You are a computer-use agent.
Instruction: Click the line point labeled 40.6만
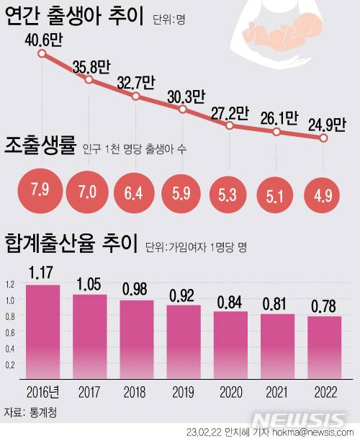[x=42, y=54]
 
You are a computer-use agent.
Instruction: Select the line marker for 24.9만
[x=324, y=139]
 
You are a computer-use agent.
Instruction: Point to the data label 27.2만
[x=230, y=113]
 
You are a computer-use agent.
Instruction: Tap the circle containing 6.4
[x=136, y=193]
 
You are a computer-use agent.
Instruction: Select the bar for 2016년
[x=43, y=330]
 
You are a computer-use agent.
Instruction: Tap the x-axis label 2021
[x=277, y=393]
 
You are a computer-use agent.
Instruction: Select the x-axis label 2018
[x=137, y=393]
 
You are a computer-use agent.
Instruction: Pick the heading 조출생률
[x=40, y=147]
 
